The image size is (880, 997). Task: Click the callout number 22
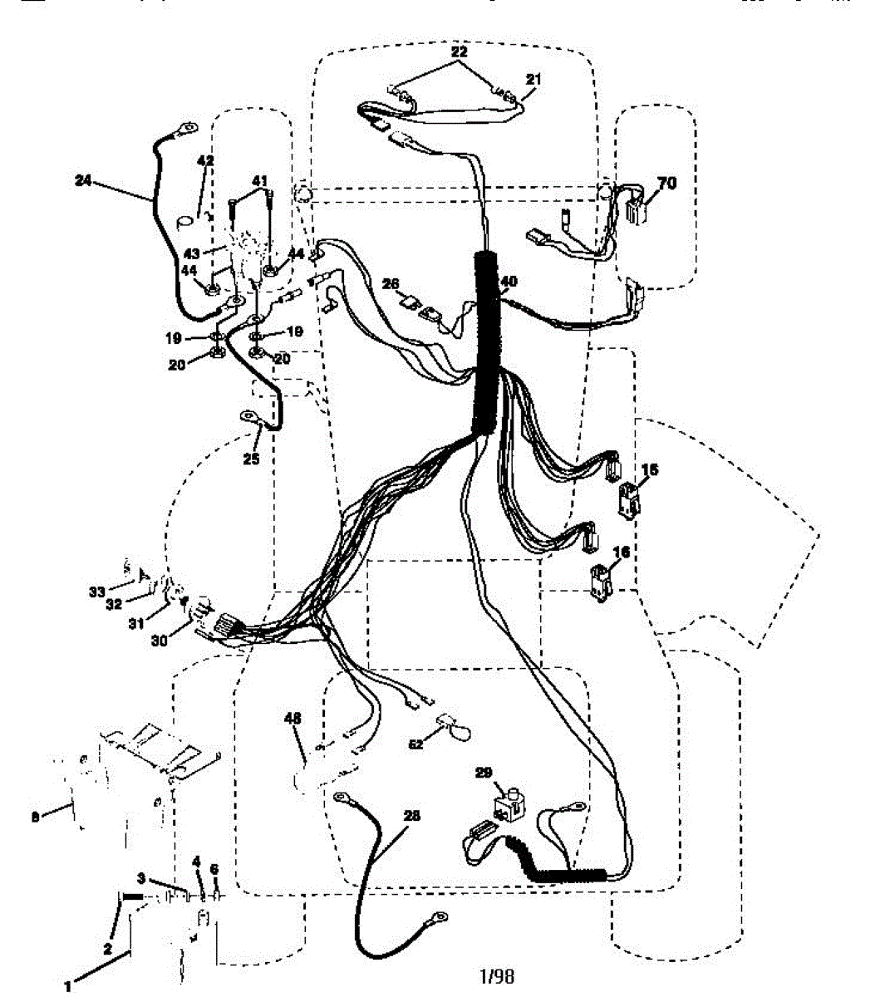(x=460, y=52)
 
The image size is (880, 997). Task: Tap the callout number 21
(x=533, y=80)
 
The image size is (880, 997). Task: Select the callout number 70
(x=667, y=184)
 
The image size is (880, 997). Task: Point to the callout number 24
(x=82, y=179)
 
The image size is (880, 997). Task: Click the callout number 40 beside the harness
(x=509, y=282)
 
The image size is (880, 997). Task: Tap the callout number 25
(x=251, y=458)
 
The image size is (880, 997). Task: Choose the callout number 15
(x=650, y=470)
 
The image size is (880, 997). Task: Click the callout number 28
(x=411, y=816)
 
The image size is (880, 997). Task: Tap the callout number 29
(x=484, y=774)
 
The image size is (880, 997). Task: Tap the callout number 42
(x=204, y=160)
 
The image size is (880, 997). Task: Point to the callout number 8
(x=35, y=817)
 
